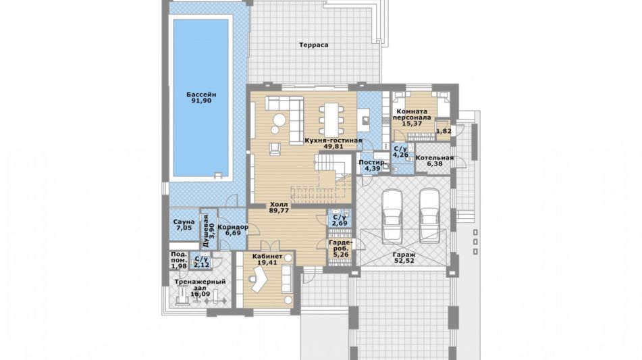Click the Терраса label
[314, 45]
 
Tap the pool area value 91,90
[201, 101]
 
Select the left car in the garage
[392, 215]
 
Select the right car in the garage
[429, 215]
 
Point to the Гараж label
[404, 255]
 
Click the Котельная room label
[435, 157]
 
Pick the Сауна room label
[184, 222]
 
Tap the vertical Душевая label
[206, 230]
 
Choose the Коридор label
[232, 227]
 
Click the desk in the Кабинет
[259, 279]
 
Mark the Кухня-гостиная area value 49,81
[333, 146]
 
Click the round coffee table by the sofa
[280, 120]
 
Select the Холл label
[279, 205]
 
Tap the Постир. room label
[373, 162]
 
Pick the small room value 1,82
[444, 131]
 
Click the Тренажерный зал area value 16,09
[200, 294]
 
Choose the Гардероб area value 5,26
[341, 255]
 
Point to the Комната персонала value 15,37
[412, 124]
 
